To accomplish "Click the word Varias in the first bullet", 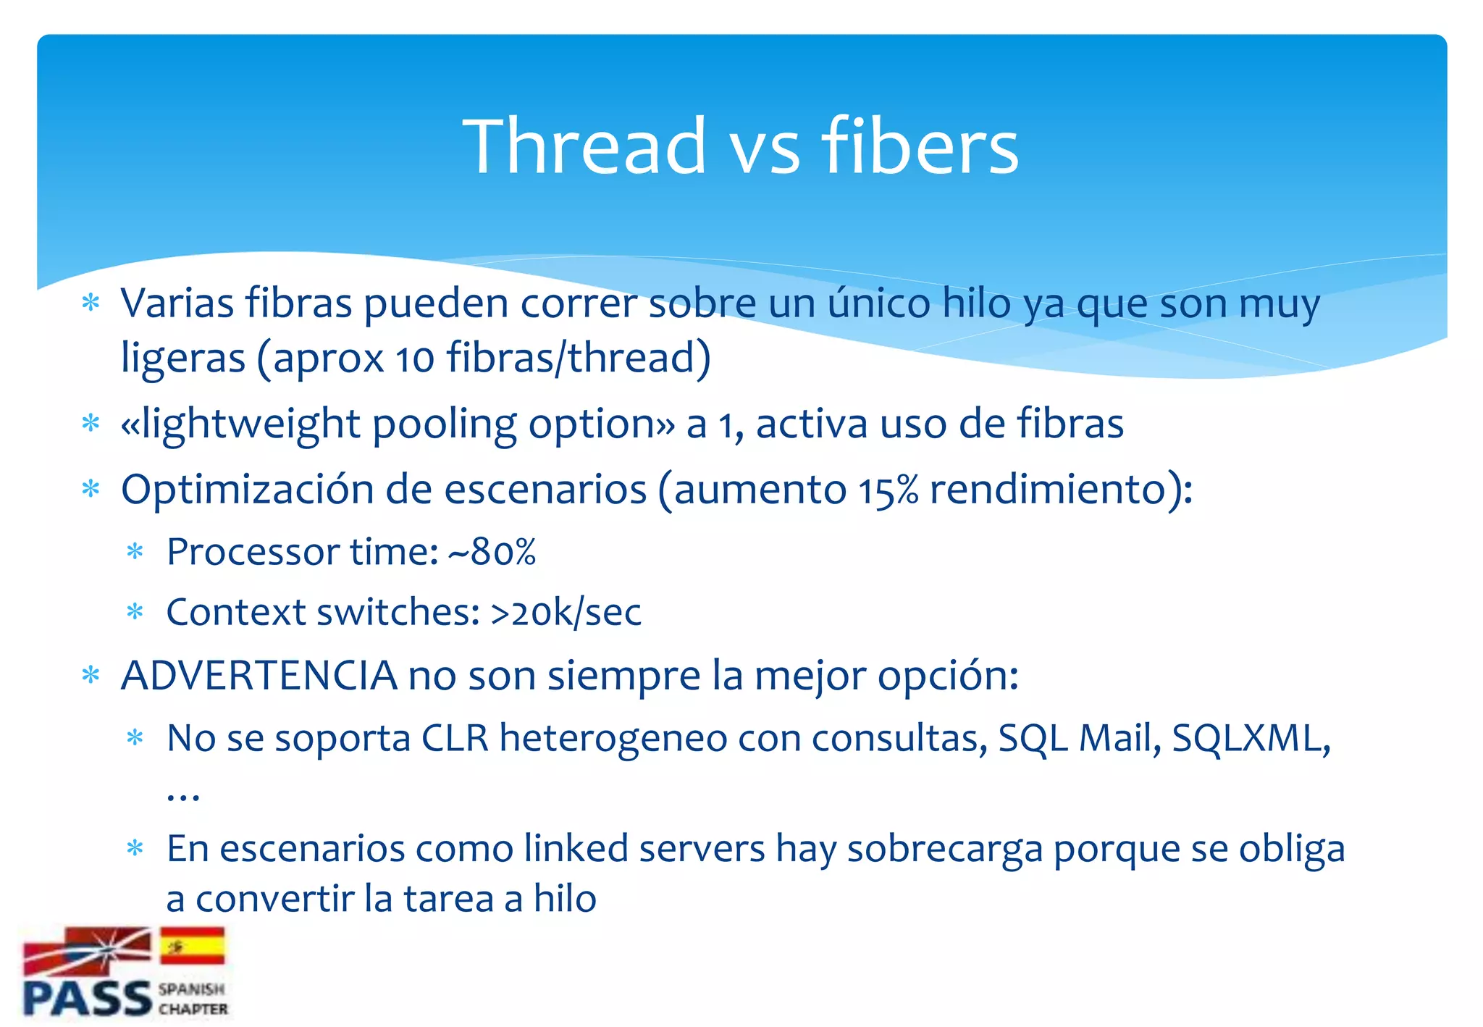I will tap(177, 303).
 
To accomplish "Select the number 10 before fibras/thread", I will tap(414, 358).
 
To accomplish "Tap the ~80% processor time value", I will tap(492, 553).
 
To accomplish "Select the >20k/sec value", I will tap(566, 613).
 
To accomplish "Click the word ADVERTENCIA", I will tap(259, 676).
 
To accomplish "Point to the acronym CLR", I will tap(454, 739).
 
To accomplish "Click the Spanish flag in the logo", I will tap(193, 945).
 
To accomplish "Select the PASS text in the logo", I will tap(87, 998).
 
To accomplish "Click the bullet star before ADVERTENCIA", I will tap(91, 676).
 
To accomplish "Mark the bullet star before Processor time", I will tap(135, 552).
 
